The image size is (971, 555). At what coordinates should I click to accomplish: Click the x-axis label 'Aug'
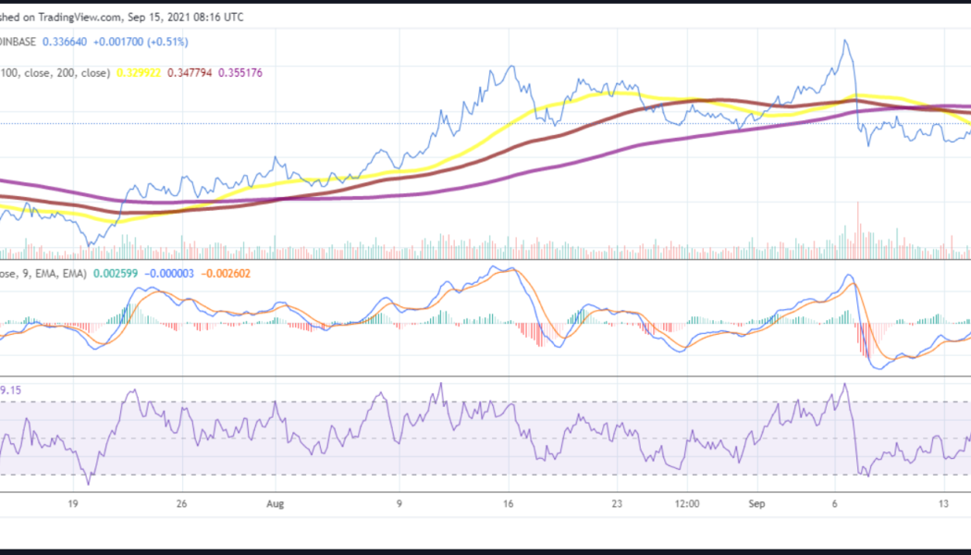[x=273, y=504]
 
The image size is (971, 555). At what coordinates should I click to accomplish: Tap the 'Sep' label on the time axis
[x=757, y=504]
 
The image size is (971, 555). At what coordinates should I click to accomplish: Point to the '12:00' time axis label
[x=686, y=504]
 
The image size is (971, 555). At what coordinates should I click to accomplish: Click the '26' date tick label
[x=181, y=504]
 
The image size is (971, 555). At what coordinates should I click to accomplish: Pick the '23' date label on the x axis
[x=616, y=504]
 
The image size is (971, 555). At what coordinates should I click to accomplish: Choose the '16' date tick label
[x=508, y=504]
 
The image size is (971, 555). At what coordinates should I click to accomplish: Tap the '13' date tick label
[x=943, y=504]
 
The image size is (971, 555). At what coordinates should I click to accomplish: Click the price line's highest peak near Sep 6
[x=844, y=41]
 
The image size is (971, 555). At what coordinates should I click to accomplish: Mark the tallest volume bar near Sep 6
[x=858, y=203]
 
